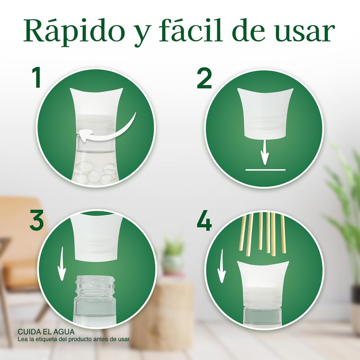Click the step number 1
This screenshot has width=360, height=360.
(x=36, y=77)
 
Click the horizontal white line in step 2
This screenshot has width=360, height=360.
(x=265, y=170)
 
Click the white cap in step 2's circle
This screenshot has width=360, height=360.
(x=265, y=112)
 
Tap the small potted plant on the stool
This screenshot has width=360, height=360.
(x=173, y=256)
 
